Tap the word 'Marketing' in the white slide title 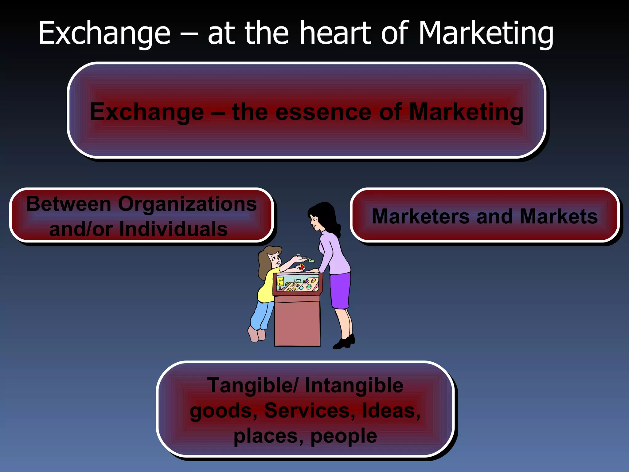click(486, 34)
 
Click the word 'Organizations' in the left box click(187, 204)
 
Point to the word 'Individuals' click(173, 229)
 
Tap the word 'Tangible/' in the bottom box click(252, 386)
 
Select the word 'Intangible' click(354, 386)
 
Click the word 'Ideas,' click(391, 411)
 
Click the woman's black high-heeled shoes click(344, 342)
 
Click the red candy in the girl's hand click(302, 267)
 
